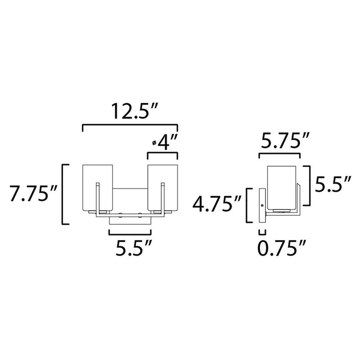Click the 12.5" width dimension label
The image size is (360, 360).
[135, 111]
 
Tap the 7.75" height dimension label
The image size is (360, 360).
[33, 194]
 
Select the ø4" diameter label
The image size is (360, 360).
[165, 142]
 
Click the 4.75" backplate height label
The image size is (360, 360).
[216, 204]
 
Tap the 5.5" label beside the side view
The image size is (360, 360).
[332, 184]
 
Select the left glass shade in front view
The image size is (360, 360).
[98, 187]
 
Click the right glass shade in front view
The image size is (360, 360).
[163, 187]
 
